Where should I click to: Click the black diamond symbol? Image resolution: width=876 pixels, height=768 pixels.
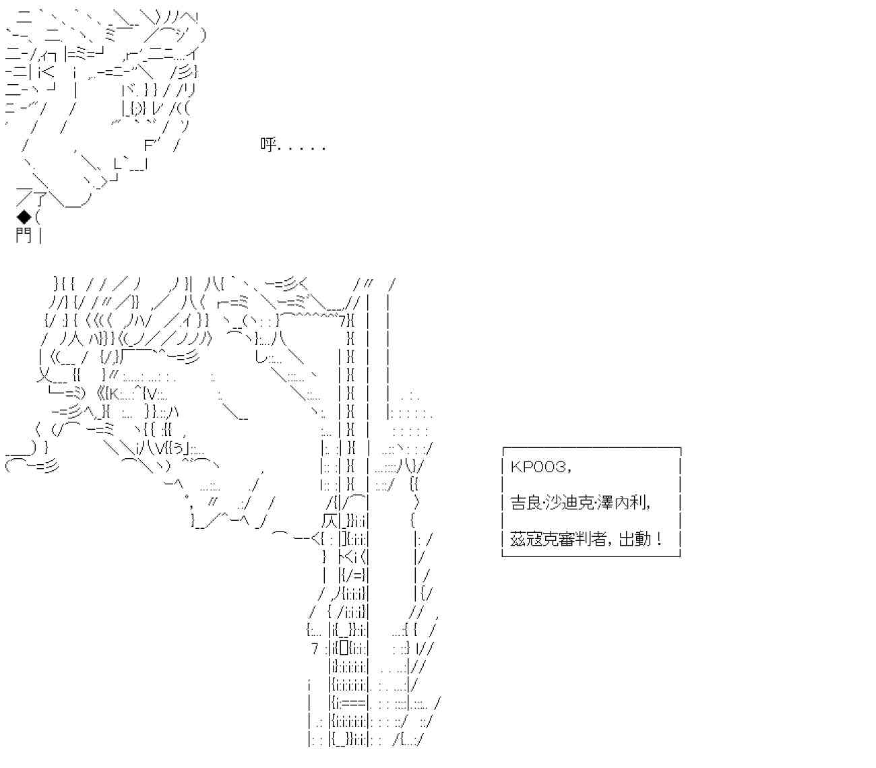pyautogui.click(x=24, y=217)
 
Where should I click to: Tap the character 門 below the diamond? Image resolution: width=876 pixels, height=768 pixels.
pyautogui.click(x=24, y=235)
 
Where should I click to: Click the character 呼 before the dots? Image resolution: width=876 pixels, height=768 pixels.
pyautogui.click(x=268, y=145)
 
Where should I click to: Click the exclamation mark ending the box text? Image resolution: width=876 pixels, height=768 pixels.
pyautogui.click(x=658, y=539)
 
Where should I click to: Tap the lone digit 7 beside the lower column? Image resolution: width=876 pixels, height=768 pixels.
pyautogui.click(x=315, y=649)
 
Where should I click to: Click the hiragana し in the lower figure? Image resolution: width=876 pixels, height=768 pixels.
pyautogui.click(x=261, y=357)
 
